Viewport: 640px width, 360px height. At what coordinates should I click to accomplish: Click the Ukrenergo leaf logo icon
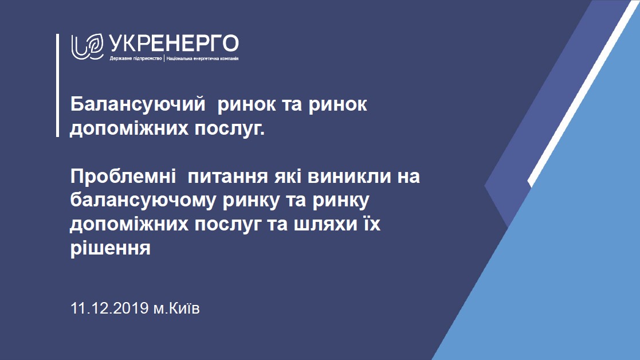point(87,46)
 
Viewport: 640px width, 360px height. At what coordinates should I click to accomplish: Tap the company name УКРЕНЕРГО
point(174,43)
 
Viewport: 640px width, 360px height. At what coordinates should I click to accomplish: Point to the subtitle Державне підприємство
point(136,58)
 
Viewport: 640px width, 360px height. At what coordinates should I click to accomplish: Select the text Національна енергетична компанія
point(202,58)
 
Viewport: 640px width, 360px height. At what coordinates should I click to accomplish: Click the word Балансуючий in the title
point(138,104)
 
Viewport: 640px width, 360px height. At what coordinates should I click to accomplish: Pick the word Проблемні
point(123,177)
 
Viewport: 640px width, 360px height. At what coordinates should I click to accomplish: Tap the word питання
point(228,177)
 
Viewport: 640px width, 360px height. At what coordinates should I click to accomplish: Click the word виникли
point(348,177)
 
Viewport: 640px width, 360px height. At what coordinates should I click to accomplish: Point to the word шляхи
point(325,225)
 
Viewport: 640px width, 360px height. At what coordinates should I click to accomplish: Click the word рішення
point(110,248)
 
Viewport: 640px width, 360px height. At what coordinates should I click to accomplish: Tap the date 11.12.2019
point(109,308)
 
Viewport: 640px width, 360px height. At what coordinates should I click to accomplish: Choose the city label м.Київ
point(176,308)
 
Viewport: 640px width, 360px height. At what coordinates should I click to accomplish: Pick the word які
point(288,177)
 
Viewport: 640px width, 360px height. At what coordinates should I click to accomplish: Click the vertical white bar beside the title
point(57,85)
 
